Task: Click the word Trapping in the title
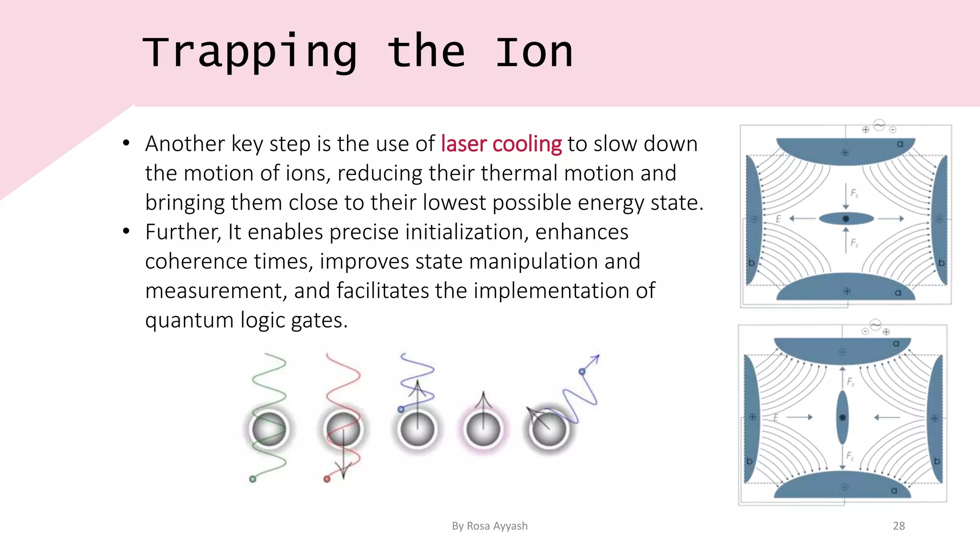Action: (250, 53)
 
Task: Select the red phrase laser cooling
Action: (501, 144)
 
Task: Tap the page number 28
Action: (899, 526)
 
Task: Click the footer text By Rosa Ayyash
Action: (490, 526)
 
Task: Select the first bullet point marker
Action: (126, 143)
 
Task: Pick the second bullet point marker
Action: (126, 232)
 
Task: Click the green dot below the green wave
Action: (253, 479)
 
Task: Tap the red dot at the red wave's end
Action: (327, 479)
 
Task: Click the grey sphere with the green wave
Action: (269, 429)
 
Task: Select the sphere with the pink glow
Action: (483, 429)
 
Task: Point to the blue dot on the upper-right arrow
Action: (582, 372)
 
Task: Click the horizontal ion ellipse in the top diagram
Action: (846, 219)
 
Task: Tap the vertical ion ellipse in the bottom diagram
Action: (842, 418)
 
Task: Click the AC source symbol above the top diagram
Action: (879, 125)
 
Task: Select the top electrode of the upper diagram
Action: (846, 149)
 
